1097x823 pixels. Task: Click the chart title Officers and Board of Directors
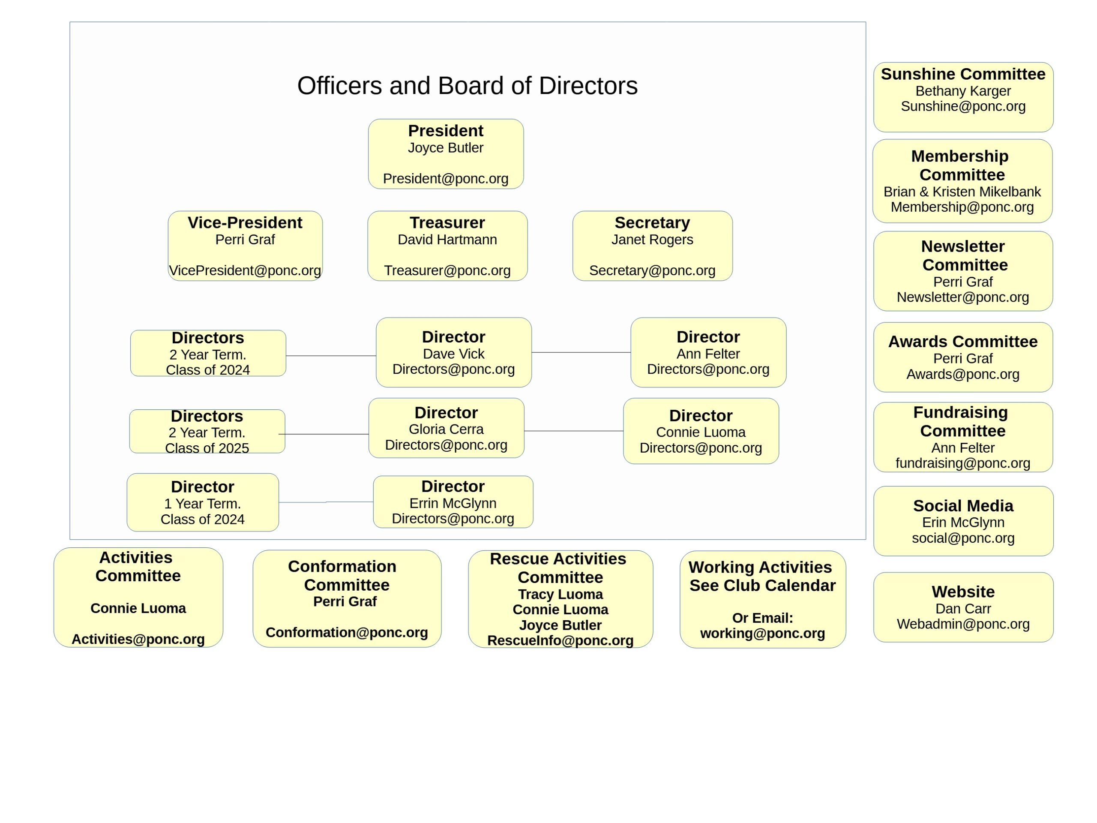[x=467, y=86]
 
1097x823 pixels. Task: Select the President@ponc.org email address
[x=445, y=179]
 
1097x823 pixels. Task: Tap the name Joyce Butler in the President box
[x=445, y=148]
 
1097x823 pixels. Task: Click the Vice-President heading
[x=245, y=223]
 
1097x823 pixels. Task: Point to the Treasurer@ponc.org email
[x=447, y=270]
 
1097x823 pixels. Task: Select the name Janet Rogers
[x=652, y=240]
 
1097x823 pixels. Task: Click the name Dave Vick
[x=453, y=354]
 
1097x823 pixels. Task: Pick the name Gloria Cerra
[x=446, y=429]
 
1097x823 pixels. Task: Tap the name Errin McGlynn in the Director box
[x=453, y=503]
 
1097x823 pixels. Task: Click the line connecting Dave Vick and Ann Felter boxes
[x=581, y=352]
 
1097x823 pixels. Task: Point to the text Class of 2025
[x=207, y=448]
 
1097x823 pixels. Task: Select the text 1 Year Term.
[x=202, y=504]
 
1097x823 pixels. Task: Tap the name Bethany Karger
[x=962, y=91]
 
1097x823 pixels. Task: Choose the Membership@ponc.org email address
[x=962, y=207]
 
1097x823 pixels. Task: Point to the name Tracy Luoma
[x=560, y=594]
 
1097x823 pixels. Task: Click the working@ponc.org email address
[x=762, y=634]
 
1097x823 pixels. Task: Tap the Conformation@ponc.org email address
[x=347, y=633]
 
